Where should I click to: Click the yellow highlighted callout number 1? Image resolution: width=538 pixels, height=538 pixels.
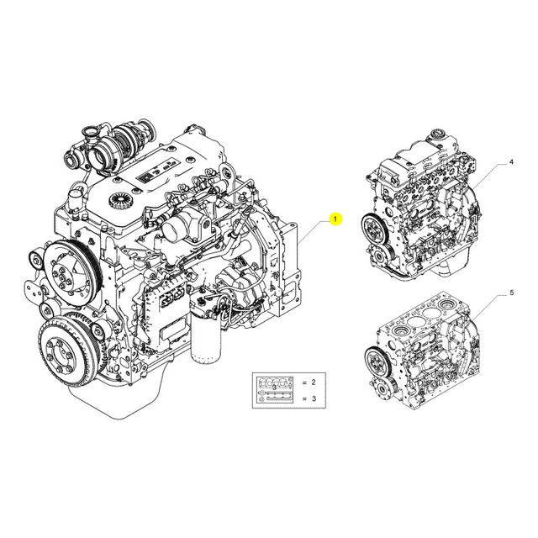pos(335,219)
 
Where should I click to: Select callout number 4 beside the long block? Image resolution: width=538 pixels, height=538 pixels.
pos(511,162)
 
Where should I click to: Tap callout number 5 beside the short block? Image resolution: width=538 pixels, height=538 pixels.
pos(512,293)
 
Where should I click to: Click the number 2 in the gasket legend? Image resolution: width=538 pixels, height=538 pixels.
pos(314,382)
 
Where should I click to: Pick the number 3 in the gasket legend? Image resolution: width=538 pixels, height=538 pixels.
pos(314,398)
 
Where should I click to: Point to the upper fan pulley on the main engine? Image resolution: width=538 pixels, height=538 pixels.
pos(73,270)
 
